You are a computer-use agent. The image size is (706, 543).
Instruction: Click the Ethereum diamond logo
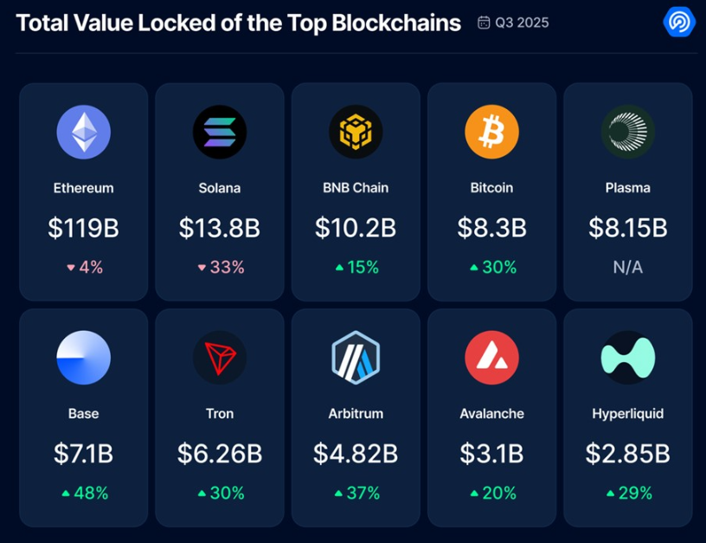(x=83, y=133)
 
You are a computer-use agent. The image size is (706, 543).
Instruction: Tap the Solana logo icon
(x=219, y=133)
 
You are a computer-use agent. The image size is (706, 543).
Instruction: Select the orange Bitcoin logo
(x=491, y=133)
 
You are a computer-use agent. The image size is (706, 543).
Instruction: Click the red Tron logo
(x=219, y=357)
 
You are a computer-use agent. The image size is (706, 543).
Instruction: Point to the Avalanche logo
(x=491, y=357)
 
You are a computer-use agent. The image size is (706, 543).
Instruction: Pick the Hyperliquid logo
(x=627, y=357)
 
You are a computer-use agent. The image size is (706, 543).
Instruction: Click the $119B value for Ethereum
(x=83, y=228)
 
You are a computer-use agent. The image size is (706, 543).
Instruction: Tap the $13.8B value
(x=219, y=228)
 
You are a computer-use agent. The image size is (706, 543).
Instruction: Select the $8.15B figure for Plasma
(x=627, y=228)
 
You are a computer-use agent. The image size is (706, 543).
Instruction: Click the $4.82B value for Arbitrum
(x=356, y=452)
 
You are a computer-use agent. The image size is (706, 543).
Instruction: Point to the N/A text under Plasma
(x=627, y=268)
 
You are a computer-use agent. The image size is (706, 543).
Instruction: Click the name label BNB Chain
(x=356, y=188)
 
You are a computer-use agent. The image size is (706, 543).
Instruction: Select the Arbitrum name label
(x=356, y=413)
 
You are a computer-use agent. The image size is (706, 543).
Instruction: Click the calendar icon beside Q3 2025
(x=484, y=23)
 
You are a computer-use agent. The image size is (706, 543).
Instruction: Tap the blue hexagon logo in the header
(x=678, y=23)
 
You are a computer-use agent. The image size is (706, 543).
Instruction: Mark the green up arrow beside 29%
(x=611, y=494)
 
